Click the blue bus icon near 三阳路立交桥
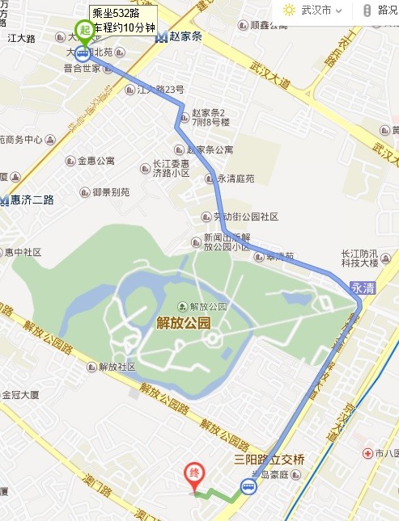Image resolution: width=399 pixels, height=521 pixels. tap(248, 486)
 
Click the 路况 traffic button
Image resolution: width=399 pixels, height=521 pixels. tap(381, 11)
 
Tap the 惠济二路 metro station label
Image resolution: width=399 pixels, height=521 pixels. tap(28, 200)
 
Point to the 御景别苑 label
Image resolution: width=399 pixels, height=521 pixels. tap(110, 192)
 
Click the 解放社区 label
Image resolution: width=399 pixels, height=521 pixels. tap(117, 367)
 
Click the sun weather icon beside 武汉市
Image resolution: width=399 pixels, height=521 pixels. tap(289, 11)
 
